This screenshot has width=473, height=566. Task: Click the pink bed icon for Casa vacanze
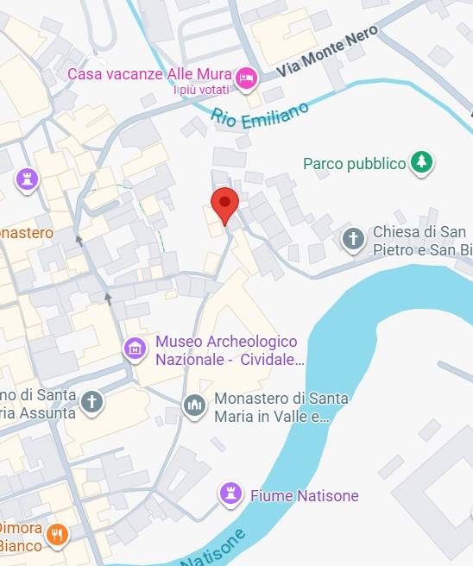click(248, 79)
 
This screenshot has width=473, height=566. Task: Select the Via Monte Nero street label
click(316, 60)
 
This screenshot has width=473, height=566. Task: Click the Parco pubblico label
click(354, 163)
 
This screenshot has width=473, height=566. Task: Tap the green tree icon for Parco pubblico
click(421, 161)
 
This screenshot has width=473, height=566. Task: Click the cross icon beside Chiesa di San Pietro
click(353, 240)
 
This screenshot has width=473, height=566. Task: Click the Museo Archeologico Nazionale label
click(226, 350)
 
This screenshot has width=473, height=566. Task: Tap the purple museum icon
click(135, 349)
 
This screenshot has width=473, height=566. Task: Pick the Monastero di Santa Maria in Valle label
click(281, 407)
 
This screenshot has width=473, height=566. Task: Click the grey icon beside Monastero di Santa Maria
click(195, 405)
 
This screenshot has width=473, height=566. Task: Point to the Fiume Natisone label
click(304, 495)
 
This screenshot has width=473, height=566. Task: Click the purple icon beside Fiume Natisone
click(230, 493)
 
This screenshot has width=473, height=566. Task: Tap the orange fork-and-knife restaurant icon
click(57, 535)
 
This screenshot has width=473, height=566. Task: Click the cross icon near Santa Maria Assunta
click(92, 401)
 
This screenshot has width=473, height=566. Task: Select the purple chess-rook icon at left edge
click(28, 180)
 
